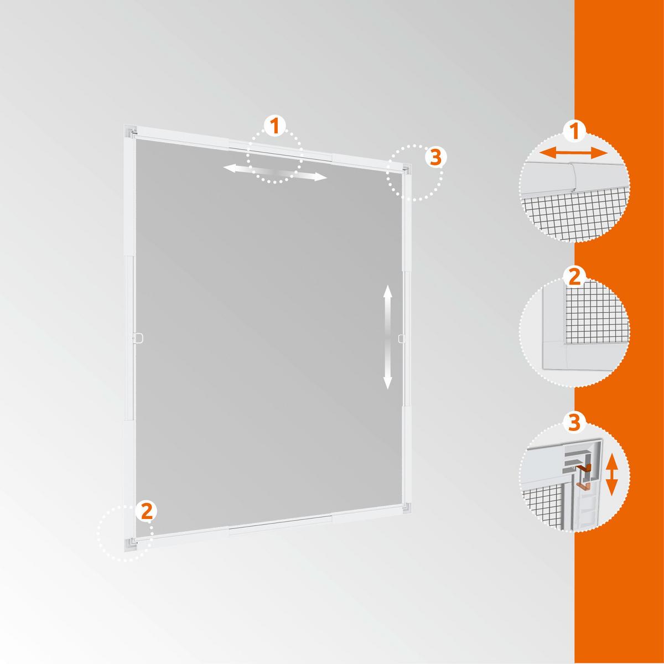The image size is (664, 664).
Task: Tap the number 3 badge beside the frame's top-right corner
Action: pyautogui.click(x=435, y=157)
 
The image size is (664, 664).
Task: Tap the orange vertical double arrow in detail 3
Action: pyautogui.click(x=612, y=475)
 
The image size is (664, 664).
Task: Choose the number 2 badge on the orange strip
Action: pyautogui.click(x=575, y=276)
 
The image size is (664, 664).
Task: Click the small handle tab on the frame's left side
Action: pyautogui.click(x=139, y=336)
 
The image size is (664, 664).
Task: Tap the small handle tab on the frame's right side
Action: pyautogui.click(x=401, y=336)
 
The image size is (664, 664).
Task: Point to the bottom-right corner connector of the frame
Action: pyautogui.click(x=407, y=506)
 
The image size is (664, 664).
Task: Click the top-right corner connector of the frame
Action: pyautogui.click(x=407, y=169)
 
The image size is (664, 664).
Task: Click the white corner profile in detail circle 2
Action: pyautogui.click(x=553, y=354)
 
